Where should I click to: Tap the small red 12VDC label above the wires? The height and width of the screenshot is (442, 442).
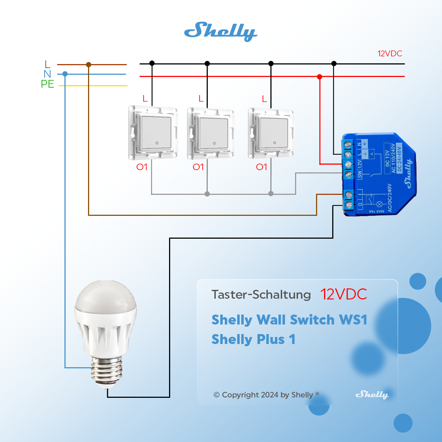click(x=390, y=54)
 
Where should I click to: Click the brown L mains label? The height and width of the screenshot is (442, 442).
click(x=47, y=65)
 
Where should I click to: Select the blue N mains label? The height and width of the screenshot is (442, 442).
click(x=47, y=74)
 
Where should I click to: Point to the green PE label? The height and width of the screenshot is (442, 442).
click(x=48, y=84)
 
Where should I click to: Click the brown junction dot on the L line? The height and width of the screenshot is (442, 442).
click(x=88, y=64)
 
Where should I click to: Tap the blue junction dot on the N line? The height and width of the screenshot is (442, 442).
click(x=65, y=74)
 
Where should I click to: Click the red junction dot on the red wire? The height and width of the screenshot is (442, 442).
click(x=319, y=77)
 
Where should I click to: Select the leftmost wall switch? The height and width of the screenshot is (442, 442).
click(x=153, y=133)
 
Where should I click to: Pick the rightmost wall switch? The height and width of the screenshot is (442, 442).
click(x=271, y=133)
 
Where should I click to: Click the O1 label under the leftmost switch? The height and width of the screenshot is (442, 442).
click(x=142, y=167)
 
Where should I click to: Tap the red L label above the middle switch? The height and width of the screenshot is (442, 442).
click(x=201, y=99)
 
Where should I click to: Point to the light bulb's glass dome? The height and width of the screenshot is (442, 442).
click(x=106, y=298)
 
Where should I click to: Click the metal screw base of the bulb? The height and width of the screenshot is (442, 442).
click(x=106, y=372)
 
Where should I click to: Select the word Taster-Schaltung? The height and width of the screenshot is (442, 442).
click(x=261, y=295)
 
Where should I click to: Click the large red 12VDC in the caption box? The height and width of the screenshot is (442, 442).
click(x=343, y=294)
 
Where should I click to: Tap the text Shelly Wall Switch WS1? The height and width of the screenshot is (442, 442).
click(x=289, y=320)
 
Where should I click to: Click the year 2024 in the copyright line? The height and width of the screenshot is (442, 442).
click(x=269, y=395)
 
